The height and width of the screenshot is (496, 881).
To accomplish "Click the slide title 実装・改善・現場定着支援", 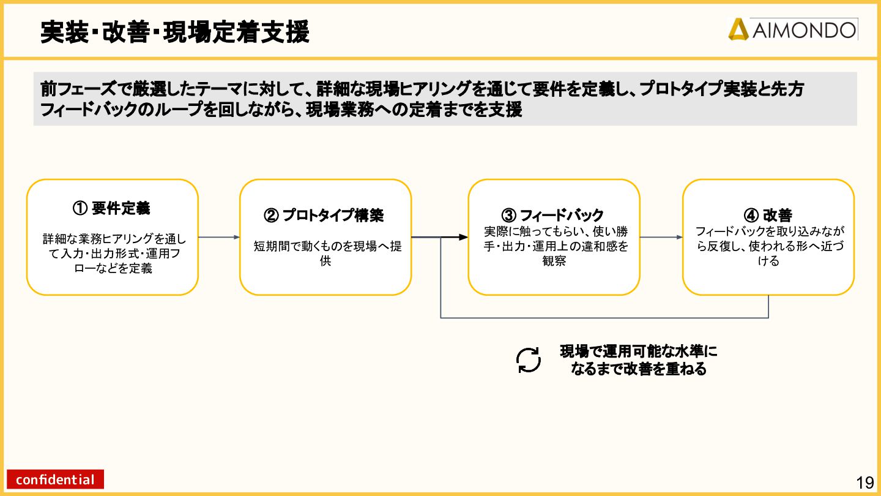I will tap(175, 32).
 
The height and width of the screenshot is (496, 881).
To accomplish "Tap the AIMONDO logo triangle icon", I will tap(738, 29).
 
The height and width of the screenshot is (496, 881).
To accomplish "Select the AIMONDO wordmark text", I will tap(804, 30).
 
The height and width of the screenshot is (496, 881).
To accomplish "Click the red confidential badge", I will tap(56, 479).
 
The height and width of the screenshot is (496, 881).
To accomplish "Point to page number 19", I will tap(865, 483).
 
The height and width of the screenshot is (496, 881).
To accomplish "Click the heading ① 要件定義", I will tap(112, 208).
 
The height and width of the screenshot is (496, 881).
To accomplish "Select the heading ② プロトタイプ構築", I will tap(324, 216).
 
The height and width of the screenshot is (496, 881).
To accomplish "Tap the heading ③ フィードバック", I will tap(553, 216).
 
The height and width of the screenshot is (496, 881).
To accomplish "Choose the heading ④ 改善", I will tap(768, 216).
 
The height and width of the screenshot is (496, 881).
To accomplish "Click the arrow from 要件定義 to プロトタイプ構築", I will tap(219, 237).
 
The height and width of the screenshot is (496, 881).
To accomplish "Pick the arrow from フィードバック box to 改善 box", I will tap(661, 237).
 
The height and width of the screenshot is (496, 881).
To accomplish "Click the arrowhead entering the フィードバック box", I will tap(463, 237).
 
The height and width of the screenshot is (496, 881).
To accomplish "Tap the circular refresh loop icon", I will tap(529, 360).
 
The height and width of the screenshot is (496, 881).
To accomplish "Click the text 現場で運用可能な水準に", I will tap(638, 352).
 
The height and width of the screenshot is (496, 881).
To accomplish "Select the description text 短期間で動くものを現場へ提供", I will tap(327, 253).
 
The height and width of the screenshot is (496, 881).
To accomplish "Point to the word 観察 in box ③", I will tap(554, 261).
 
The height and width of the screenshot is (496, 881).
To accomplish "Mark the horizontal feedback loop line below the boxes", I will tap(604, 318).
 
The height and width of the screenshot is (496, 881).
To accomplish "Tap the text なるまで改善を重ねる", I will tap(638, 369).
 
